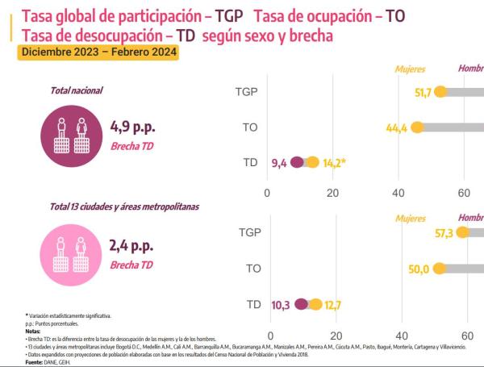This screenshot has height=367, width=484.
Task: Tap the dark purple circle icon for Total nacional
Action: click(x=74, y=134)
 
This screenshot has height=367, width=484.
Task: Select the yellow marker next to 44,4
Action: click(x=417, y=127)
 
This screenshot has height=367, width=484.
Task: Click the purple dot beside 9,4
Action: click(x=297, y=163)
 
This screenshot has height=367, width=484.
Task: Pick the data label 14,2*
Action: click(x=335, y=164)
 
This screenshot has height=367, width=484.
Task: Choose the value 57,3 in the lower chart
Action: click(x=444, y=232)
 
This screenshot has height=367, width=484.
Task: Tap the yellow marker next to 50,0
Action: click(x=439, y=269)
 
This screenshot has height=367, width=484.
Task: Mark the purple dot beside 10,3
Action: click(x=302, y=304)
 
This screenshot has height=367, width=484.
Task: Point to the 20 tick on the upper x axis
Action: click(x=333, y=193)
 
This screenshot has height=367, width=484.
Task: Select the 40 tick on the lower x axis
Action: click(x=401, y=335)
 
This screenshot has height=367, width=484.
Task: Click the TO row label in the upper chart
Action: click(x=250, y=127)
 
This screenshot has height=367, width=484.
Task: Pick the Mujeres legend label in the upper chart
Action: click(x=410, y=69)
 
